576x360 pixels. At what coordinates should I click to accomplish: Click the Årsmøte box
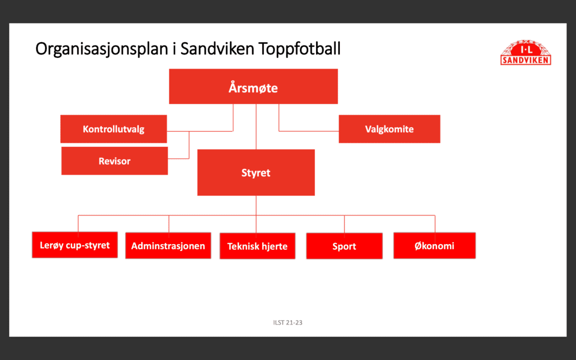(253, 86)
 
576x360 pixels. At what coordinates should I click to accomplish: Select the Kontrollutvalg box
(114, 129)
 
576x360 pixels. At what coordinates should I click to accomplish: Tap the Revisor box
(115, 161)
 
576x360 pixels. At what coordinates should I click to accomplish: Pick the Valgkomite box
(389, 129)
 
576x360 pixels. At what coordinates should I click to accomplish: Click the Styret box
(256, 172)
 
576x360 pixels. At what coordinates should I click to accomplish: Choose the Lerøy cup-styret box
(75, 245)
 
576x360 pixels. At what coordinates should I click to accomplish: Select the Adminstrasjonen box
(168, 245)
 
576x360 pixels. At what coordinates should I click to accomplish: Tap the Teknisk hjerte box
(258, 246)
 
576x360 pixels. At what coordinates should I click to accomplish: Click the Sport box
(345, 246)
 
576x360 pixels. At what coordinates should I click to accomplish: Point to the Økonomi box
(435, 245)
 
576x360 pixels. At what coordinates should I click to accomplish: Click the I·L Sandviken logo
(526, 53)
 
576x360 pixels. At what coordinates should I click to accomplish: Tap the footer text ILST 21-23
(288, 322)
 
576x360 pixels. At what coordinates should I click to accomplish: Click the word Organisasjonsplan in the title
(102, 49)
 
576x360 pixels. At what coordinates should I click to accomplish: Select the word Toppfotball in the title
(299, 49)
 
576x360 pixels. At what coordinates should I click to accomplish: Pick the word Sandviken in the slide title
(217, 48)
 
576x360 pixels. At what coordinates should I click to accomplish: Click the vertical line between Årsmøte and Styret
(256, 127)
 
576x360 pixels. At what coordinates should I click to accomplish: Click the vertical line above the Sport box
(345, 224)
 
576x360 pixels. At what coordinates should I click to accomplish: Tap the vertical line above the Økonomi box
(435, 224)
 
